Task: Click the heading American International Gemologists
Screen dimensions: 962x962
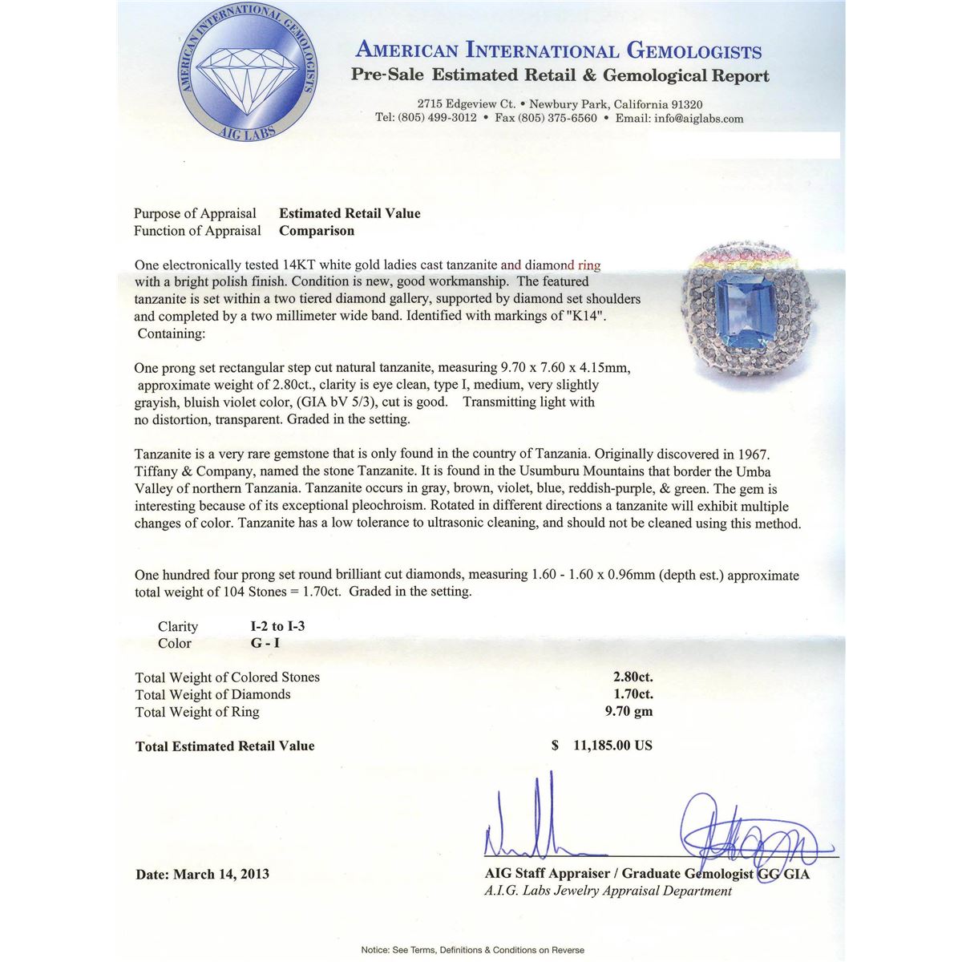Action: coord(558,51)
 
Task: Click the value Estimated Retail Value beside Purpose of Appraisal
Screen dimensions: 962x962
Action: coord(350,213)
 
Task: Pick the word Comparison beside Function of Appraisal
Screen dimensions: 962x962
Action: coord(317,231)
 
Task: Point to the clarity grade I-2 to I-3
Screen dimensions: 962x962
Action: coord(277,626)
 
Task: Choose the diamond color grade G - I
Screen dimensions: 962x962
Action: coord(265,643)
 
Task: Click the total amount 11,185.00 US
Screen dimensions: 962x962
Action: coord(612,746)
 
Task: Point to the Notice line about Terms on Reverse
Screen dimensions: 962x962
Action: coord(472,950)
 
